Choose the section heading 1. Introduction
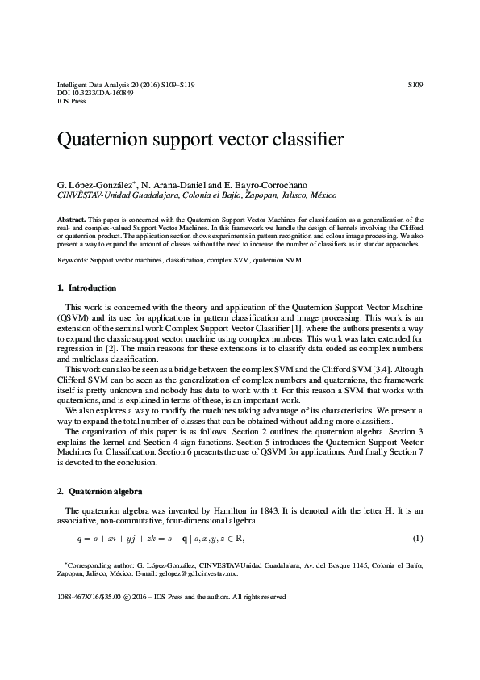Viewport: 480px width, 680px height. coord(86,288)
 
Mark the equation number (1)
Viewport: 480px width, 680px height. coord(417,539)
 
